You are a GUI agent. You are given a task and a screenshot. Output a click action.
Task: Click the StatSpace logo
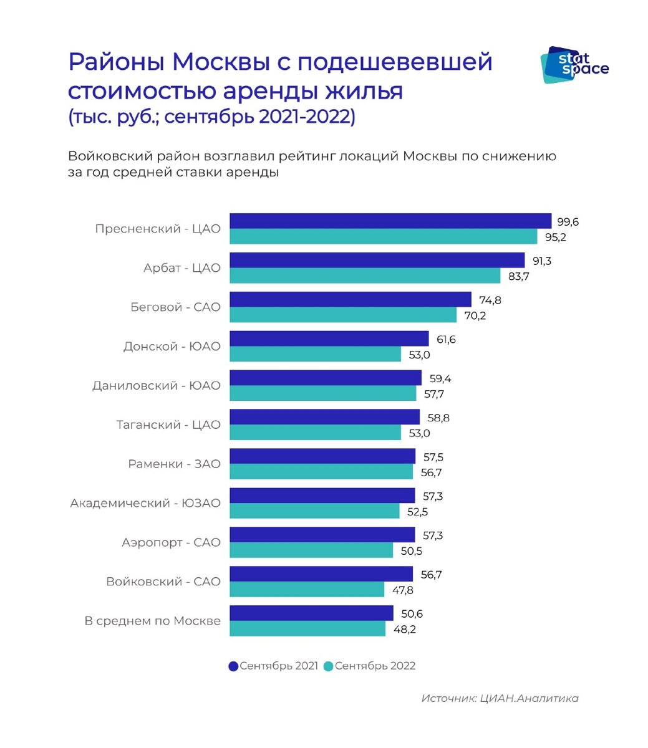pos(573,65)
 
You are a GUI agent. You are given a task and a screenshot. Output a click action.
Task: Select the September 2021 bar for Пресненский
pos(390,221)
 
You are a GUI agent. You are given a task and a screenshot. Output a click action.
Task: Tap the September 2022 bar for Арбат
pos(365,276)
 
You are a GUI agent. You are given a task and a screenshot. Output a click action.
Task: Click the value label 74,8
pos(490,300)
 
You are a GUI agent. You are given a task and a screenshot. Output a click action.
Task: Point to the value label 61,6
pos(447,339)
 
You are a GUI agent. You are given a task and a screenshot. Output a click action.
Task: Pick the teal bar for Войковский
pos(307,590)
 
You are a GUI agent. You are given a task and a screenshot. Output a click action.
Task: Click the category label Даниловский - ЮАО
pos(157,386)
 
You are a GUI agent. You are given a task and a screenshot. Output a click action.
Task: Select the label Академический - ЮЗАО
pos(145,503)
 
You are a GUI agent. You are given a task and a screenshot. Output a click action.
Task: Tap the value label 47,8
pos(402,590)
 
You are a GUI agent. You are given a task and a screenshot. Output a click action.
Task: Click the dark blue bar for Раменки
pos(322,456)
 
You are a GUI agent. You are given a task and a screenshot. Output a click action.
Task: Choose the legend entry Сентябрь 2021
pos(274,666)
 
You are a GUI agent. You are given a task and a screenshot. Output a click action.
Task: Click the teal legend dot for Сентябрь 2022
pos(329,666)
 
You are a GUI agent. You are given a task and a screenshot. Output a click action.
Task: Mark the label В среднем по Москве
pos(153,621)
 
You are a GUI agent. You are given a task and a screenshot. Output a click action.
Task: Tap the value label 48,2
pos(404,629)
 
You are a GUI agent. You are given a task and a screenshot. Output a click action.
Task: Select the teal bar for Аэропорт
pos(311,550)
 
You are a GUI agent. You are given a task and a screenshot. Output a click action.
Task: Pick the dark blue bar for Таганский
pos(324,417)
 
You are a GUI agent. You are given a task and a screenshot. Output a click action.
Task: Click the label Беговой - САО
pos(175,307)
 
